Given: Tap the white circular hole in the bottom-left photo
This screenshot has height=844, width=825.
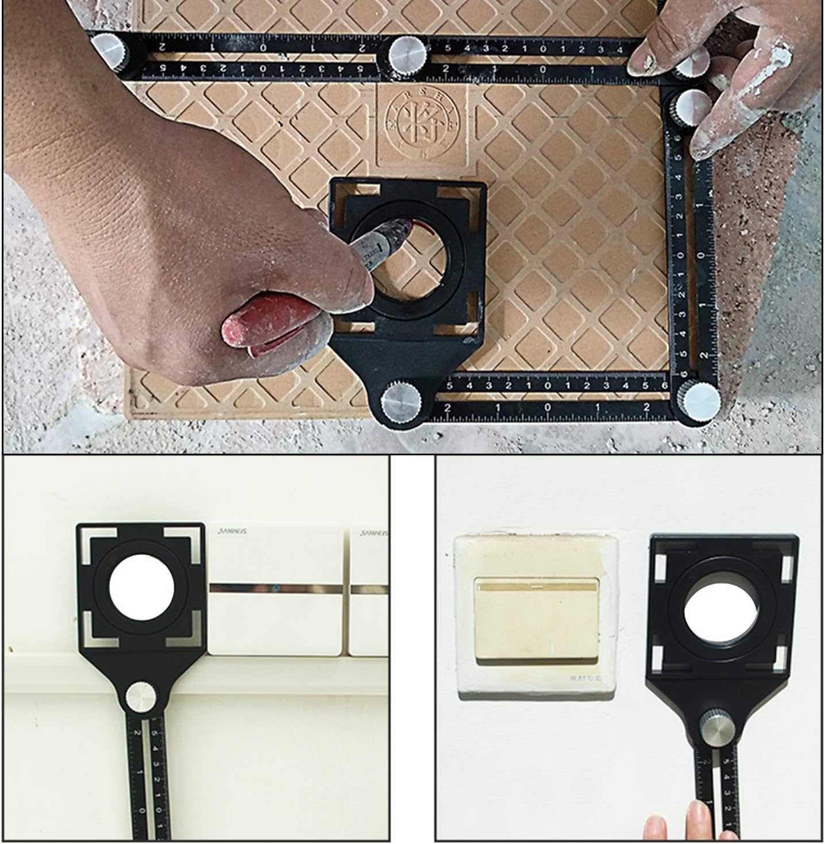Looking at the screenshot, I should tap(141, 591).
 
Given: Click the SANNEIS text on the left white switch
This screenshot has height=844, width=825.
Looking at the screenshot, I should tap(229, 532).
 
